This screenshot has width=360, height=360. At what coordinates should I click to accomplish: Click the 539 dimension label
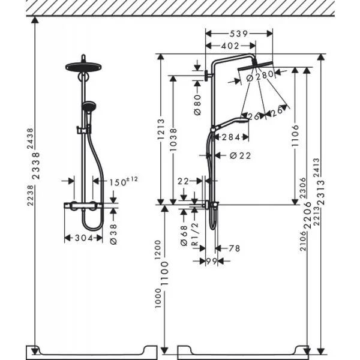coord(239,34)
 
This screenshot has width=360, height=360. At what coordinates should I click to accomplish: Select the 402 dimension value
coord(230,46)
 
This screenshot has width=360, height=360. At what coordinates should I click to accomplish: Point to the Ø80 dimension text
coord(197,105)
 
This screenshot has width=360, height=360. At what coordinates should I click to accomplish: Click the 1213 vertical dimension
coord(161,129)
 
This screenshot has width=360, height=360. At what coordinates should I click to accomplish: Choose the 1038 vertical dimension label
coord(173,140)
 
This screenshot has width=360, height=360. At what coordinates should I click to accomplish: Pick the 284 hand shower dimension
coord(231,137)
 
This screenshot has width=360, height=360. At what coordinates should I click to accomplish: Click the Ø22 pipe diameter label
coord(241,155)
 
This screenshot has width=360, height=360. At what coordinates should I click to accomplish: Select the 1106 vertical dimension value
coord(295,136)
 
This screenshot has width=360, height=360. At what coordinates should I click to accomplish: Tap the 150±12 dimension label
coord(123,181)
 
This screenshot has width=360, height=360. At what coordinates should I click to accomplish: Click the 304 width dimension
coord(84,238)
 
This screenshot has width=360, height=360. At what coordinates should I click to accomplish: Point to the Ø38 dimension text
coord(113,234)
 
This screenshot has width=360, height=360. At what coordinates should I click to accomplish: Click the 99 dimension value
coord(211,261)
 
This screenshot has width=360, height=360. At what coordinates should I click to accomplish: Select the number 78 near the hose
coord(234,248)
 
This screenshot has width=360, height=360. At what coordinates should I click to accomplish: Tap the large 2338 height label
coord(36,166)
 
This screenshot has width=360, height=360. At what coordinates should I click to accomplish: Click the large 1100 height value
coord(164,273)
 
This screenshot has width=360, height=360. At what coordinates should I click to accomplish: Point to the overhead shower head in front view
coord(83,67)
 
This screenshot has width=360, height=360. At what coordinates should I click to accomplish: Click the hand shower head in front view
coord(89,106)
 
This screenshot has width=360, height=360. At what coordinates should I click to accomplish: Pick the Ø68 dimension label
coord(184,236)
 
